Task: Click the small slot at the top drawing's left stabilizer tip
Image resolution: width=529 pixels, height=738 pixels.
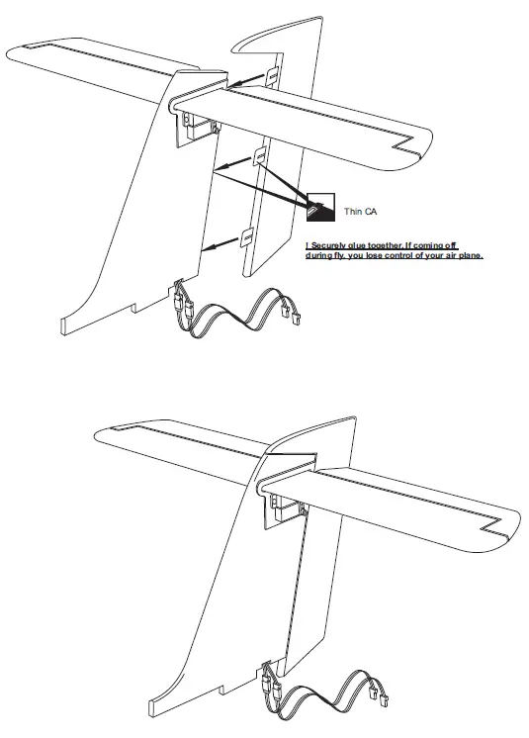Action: coord(37,46)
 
